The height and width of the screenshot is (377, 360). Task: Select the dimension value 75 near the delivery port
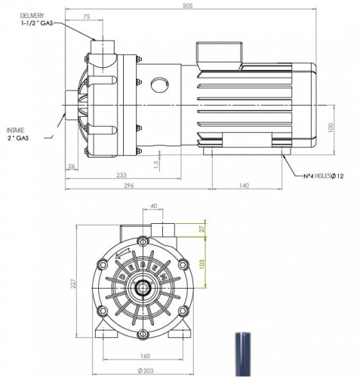(88, 16)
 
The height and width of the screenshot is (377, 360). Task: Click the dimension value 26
(72, 166)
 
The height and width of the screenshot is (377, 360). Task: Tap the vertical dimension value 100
(331, 127)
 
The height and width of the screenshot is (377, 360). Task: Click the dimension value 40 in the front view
(155, 205)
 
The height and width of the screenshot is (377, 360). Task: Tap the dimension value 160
(143, 356)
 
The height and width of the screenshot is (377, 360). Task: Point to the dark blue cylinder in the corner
(246, 355)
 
